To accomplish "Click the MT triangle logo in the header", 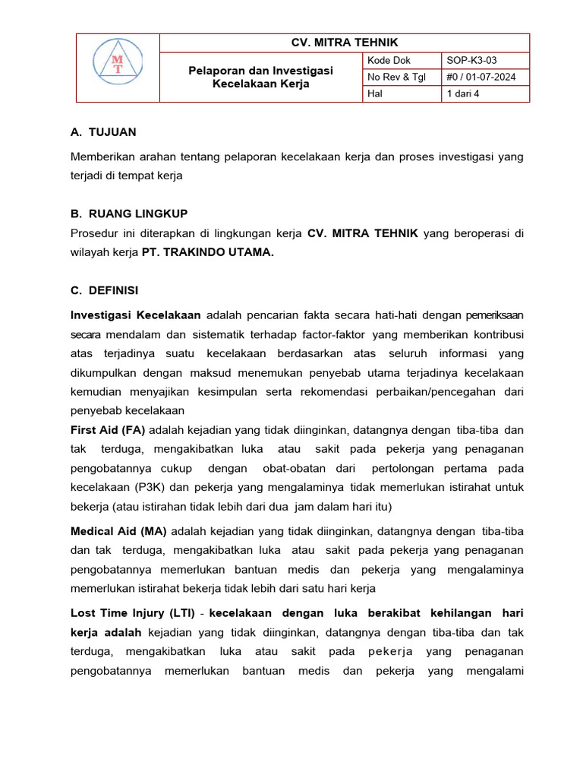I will [x=117, y=68].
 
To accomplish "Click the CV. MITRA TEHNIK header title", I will [x=345, y=43].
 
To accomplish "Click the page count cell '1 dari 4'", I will [x=462, y=93].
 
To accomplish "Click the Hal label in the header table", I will [x=375, y=93].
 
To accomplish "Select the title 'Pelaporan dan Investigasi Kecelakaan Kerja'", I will [x=260, y=77].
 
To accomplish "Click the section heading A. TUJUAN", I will [x=103, y=132].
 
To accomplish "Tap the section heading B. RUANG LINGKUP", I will [x=129, y=213].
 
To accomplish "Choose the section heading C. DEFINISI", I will [x=104, y=290].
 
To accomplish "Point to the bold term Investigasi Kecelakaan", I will [x=136, y=314].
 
